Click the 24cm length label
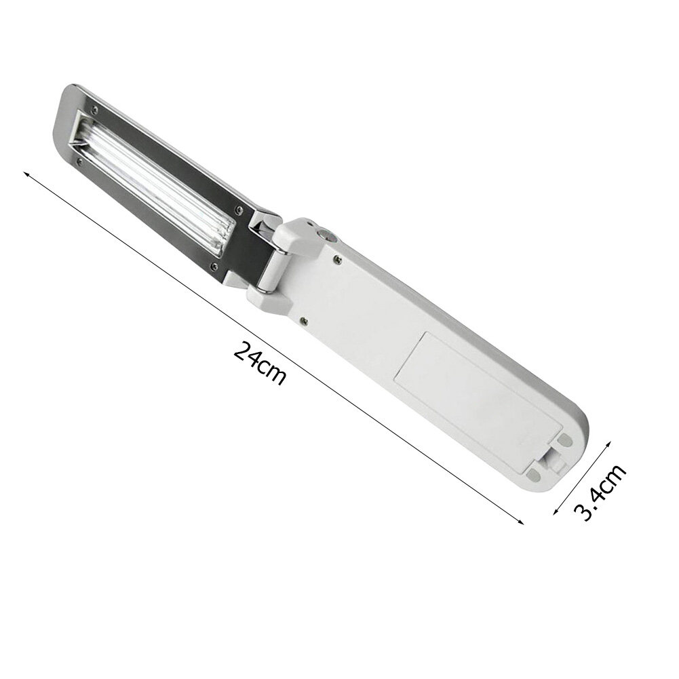click(259, 363)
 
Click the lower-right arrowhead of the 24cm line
click(521, 522)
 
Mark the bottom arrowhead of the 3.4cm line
click(556, 512)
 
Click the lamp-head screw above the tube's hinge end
click(237, 209)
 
